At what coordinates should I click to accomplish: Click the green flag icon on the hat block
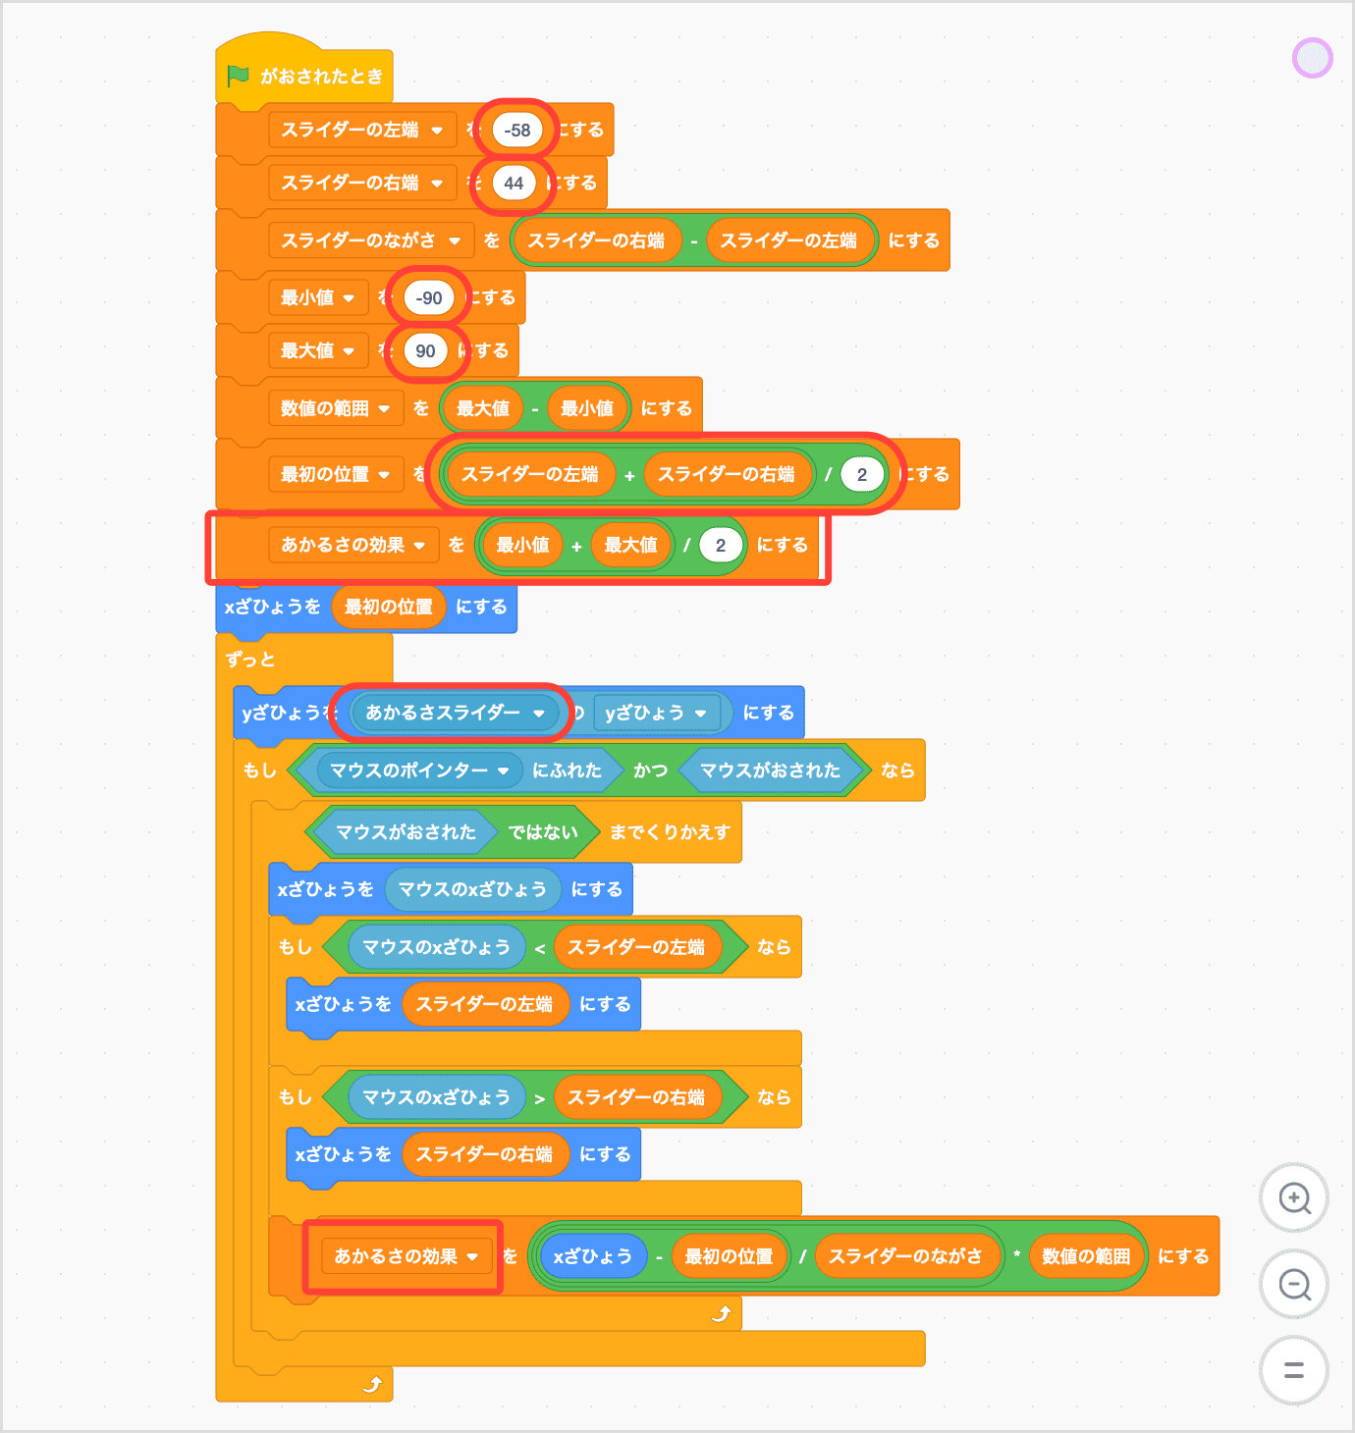tap(238, 76)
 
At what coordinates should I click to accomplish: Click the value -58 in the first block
tap(517, 130)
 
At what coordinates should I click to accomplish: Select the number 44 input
tap(514, 183)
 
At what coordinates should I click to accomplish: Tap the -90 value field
tap(429, 297)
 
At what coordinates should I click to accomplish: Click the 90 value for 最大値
tap(425, 350)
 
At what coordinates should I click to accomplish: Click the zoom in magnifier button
tap(1294, 1198)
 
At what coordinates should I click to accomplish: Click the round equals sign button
tap(1294, 1370)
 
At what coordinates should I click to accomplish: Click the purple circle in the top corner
tap(1312, 58)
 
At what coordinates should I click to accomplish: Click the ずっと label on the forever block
tap(250, 660)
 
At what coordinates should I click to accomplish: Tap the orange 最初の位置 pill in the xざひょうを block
tap(389, 607)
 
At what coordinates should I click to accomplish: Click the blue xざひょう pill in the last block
tap(592, 1256)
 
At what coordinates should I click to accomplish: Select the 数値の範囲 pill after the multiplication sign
tap(1086, 1256)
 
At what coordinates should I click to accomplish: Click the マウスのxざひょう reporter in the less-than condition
tap(436, 947)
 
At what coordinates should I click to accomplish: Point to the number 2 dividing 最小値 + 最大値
tap(721, 545)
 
